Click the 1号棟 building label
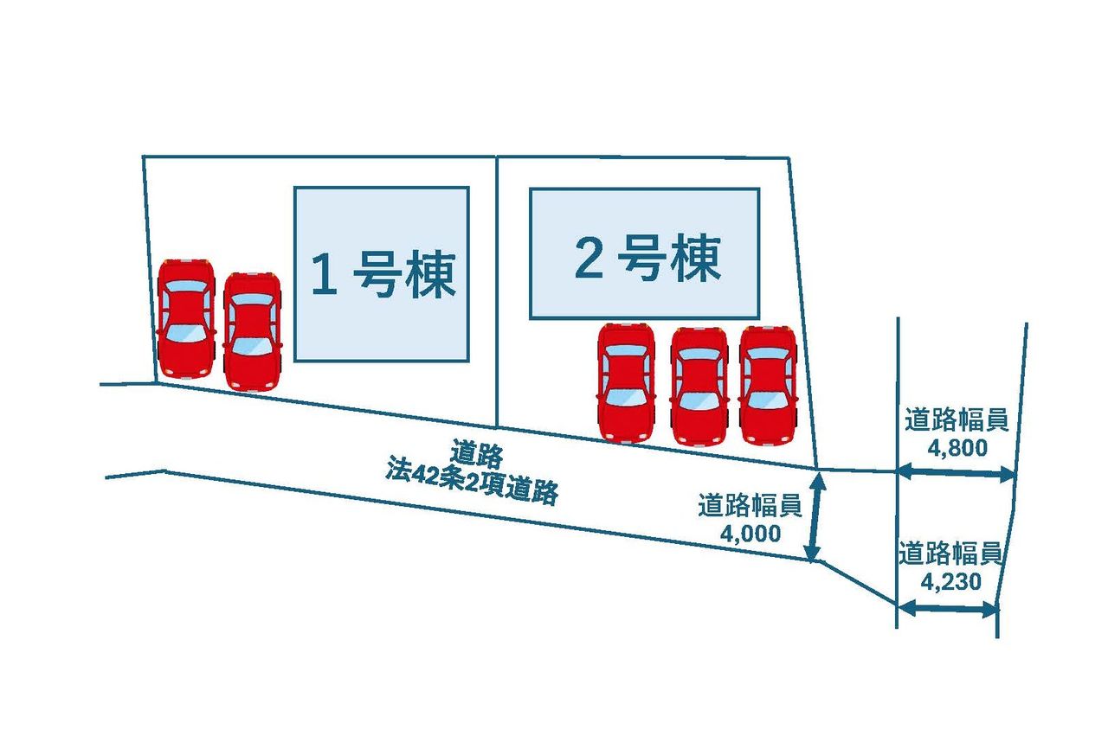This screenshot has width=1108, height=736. point(383,275)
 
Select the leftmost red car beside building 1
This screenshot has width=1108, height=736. point(186,317)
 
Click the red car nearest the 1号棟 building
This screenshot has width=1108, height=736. point(252,330)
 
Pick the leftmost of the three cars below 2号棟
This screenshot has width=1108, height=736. point(626,382)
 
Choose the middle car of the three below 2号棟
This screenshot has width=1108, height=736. point(699,386)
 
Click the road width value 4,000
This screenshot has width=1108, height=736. point(750,533)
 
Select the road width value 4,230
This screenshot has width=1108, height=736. point(951,582)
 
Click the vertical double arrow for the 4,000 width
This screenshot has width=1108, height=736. point(814,515)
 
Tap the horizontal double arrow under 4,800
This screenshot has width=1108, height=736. point(956,473)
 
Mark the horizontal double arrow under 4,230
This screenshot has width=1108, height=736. point(947,609)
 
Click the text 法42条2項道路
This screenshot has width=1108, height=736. point(472,485)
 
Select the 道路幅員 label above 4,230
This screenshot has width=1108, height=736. point(950,554)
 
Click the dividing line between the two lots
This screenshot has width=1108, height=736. point(497,285)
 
